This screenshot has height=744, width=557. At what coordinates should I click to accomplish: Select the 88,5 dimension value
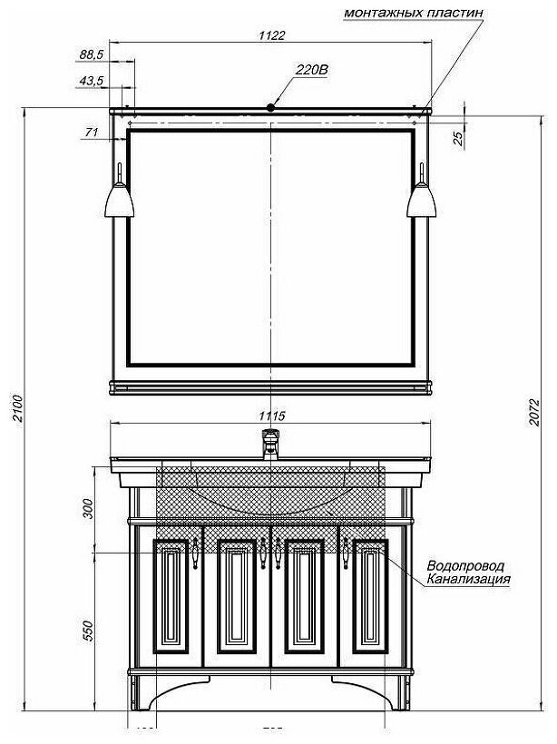pyautogui.click(x=92, y=54)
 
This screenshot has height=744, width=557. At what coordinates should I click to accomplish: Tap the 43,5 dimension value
pyautogui.click(x=92, y=81)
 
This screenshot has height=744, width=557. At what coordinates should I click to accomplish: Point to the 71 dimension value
pyautogui.click(x=91, y=133)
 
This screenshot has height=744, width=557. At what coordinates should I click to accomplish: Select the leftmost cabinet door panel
pyautogui.click(x=171, y=597)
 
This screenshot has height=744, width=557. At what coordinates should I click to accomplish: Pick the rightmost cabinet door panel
pyautogui.click(x=370, y=597)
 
